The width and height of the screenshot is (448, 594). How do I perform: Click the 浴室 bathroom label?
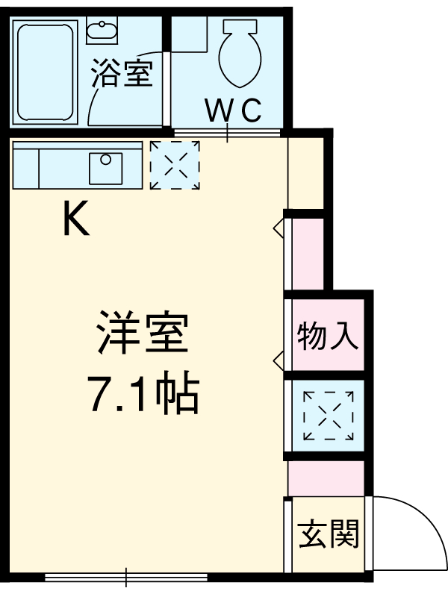(x=122, y=75)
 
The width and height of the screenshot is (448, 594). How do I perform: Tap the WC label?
(x=233, y=110)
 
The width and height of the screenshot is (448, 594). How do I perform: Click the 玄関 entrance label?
(x=329, y=534)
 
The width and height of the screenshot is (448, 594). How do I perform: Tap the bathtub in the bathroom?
(x=45, y=72)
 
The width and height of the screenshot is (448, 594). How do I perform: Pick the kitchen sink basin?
(x=105, y=168)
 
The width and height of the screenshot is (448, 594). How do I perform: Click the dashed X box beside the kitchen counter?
(x=175, y=164)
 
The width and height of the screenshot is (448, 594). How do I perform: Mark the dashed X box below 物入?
(x=328, y=416)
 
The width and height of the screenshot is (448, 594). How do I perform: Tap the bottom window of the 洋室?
(x=125, y=576)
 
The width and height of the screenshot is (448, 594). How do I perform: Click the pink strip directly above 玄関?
(x=326, y=478)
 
